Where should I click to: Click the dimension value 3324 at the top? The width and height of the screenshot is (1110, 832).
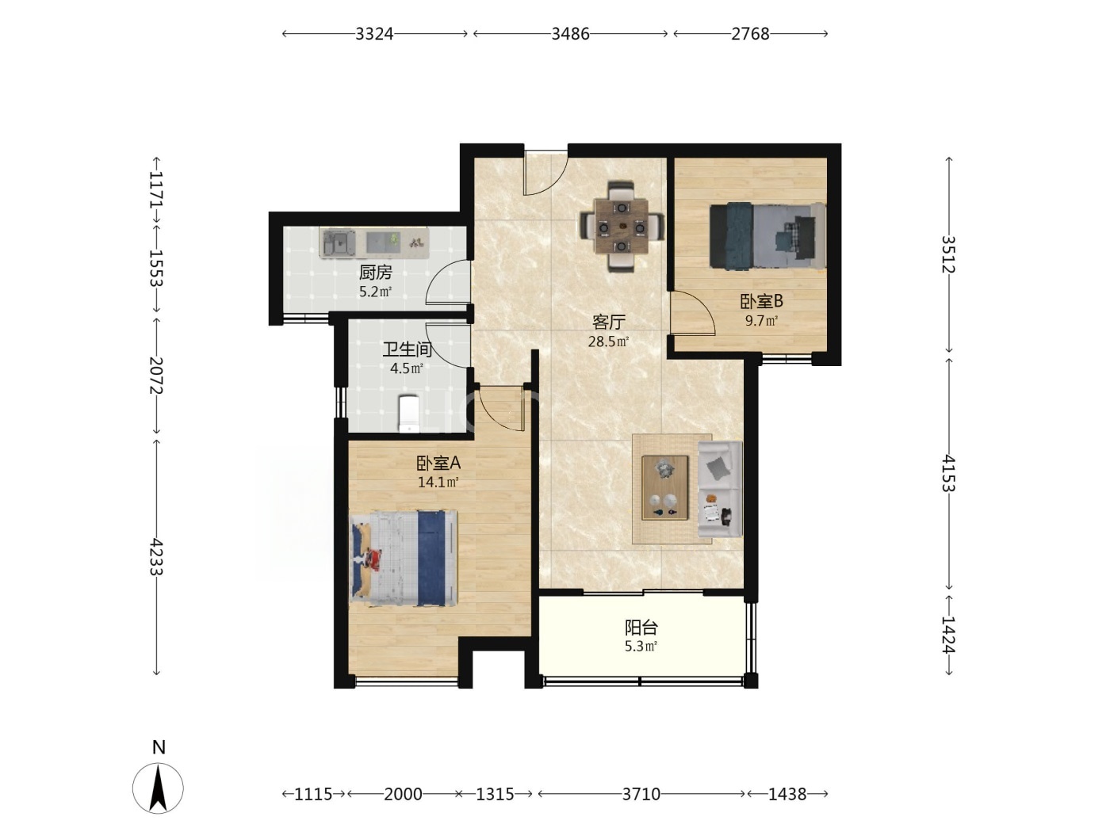point(374,34)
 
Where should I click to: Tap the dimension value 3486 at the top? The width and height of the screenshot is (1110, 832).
point(570,34)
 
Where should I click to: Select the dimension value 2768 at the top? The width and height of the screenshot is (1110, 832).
point(751,34)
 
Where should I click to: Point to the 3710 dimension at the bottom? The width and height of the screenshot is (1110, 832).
point(641,794)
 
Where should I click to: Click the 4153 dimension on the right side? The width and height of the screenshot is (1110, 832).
point(949,473)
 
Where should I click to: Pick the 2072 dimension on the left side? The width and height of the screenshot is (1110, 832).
point(156,376)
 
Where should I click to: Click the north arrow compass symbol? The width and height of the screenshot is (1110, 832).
point(159,788)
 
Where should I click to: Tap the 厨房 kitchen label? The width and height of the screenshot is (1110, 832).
point(376,273)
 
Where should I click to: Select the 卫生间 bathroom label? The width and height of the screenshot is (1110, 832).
point(407,349)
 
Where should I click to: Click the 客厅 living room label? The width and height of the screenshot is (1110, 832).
point(609,322)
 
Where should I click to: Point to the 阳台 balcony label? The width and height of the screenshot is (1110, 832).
point(641,628)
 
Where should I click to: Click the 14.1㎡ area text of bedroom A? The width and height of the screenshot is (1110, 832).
point(438,482)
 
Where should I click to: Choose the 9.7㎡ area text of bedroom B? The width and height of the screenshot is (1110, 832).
point(761,320)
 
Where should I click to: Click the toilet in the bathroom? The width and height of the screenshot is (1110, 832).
point(408,414)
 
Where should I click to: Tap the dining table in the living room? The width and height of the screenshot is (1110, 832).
point(622,227)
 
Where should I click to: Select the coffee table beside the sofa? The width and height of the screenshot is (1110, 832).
point(665,487)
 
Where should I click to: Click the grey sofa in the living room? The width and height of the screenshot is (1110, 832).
point(721,489)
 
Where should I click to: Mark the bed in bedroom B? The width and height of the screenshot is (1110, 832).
point(767,235)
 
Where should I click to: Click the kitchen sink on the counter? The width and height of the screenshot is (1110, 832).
point(339,243)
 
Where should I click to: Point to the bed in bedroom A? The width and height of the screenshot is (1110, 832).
point(404,558)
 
